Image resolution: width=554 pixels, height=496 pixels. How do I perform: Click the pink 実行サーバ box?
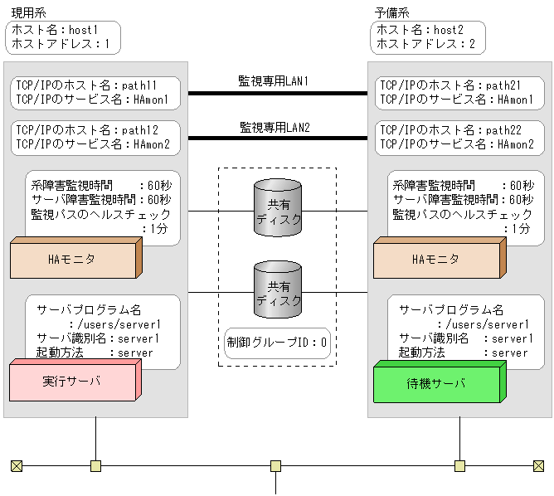pos(70,382)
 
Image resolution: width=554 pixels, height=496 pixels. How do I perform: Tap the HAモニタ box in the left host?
pos(72,260)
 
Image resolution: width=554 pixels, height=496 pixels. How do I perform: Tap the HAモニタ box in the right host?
pos(435,260)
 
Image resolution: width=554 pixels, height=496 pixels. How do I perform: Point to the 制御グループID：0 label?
pos(278,340)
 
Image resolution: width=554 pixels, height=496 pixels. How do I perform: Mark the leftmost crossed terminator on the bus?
pos(16,465)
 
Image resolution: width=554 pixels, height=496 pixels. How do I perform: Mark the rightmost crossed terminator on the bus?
pos(538,465)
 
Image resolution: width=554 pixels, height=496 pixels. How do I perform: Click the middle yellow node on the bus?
pos(276,465)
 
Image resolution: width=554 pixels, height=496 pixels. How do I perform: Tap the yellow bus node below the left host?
pos(96,465)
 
